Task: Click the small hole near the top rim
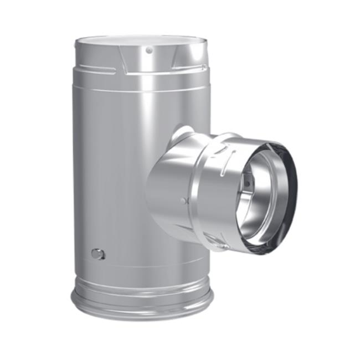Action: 148,50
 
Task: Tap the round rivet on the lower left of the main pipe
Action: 98,254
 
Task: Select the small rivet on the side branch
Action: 183,200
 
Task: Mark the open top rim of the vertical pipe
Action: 141,40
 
